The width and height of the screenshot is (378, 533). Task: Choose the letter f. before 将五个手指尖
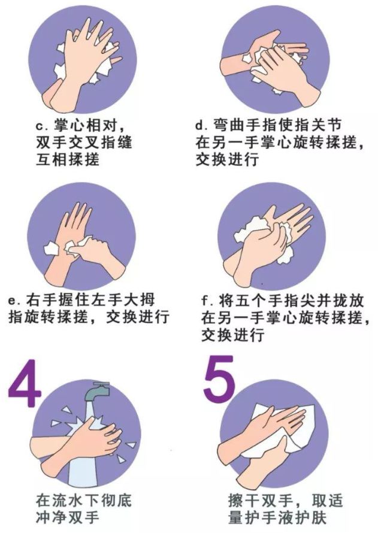[x=206, y=301]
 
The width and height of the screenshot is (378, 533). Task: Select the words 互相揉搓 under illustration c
[x=67, y=159]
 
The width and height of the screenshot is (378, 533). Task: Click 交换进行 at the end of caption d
[x=226, y=159]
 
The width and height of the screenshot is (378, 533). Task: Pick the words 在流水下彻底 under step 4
[x=84, y=500]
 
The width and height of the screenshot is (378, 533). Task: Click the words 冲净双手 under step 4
[x=67, y=517]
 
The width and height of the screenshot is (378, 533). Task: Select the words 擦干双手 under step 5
[x=260, y=501]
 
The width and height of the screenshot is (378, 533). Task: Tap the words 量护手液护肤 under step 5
[x=277, y=517]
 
